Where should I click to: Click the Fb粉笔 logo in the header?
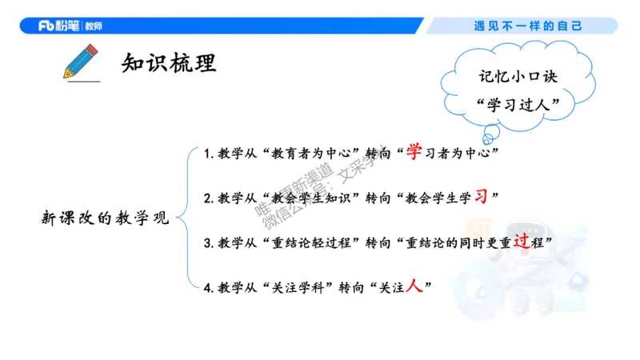70,26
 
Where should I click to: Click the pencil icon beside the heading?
80,62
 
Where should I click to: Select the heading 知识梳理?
169,62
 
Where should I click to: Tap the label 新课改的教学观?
106,218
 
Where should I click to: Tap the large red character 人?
414,286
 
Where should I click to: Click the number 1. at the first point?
208,154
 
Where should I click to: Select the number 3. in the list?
208,242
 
